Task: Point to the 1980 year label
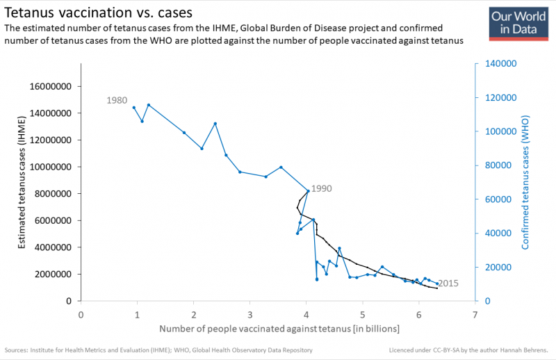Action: pos(117,100)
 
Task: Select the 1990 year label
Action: pos(322,188)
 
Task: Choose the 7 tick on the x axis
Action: pos(475,314)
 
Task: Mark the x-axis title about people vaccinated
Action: pos(278,328)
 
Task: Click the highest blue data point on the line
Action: pos(149,105)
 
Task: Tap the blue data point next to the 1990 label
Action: pos(308,191)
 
